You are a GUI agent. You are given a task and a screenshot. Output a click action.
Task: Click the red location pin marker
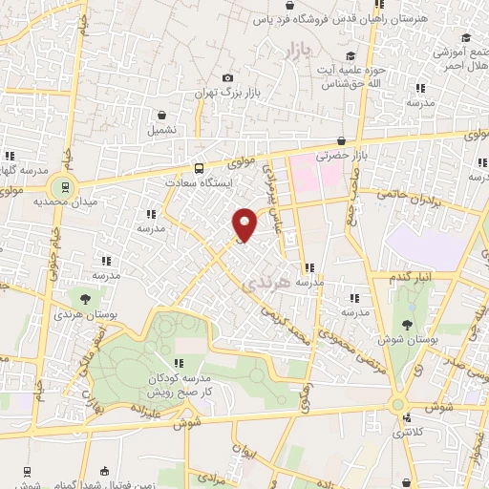[245, 223]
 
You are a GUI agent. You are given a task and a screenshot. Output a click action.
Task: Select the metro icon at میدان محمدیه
[65, 185]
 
